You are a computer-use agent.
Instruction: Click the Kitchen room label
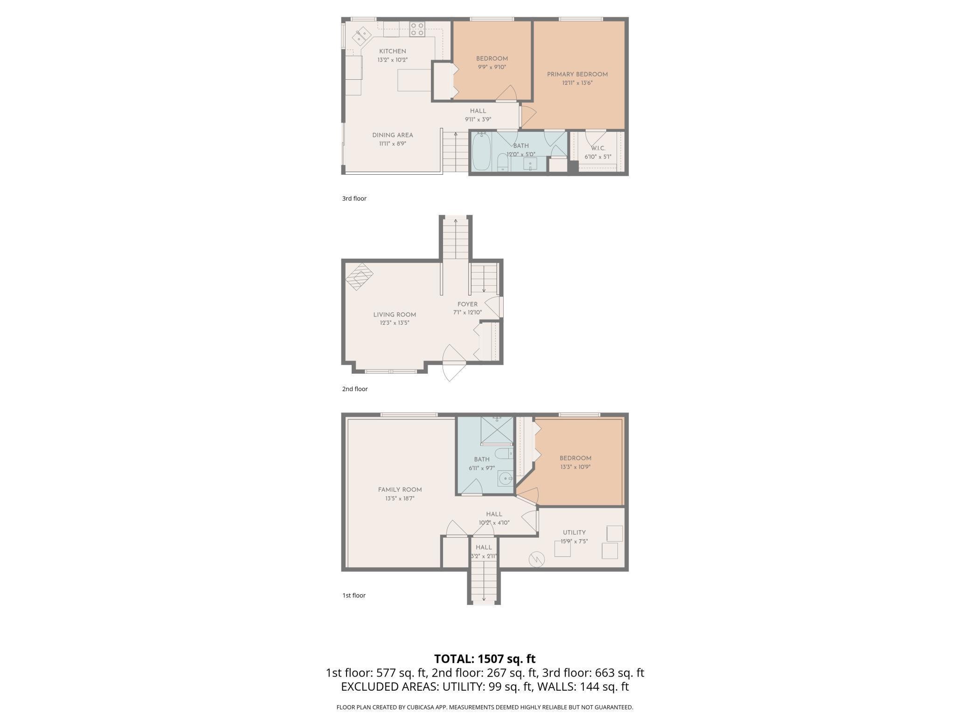392,51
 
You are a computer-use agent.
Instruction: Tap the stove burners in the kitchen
417,29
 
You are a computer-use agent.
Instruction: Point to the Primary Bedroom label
577,75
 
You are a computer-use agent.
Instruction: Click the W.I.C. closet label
598,148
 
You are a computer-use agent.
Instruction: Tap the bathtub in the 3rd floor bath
481,151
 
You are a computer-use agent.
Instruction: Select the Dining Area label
393,135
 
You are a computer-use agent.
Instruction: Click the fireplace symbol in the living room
360,277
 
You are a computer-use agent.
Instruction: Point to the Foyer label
467,304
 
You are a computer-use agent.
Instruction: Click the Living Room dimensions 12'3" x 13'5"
395,322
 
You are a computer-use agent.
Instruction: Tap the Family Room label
400,490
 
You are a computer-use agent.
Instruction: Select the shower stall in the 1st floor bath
497,431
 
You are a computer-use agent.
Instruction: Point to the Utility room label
574,533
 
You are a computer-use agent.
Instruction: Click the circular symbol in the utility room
537,559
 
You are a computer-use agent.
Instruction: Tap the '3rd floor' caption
354,199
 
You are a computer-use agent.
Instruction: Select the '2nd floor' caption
355,389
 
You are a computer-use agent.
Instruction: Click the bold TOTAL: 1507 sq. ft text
485,659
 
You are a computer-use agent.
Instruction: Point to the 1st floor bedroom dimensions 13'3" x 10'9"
575,467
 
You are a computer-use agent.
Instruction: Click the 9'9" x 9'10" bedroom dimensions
492,67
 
